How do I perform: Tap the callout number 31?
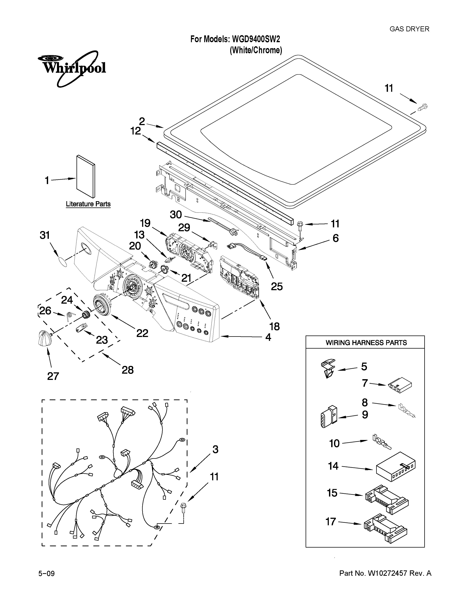coord(45,235)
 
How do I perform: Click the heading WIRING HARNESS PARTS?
coord(366,343)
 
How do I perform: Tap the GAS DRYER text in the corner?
coord(409,29)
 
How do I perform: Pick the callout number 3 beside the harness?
coord(215,449)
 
